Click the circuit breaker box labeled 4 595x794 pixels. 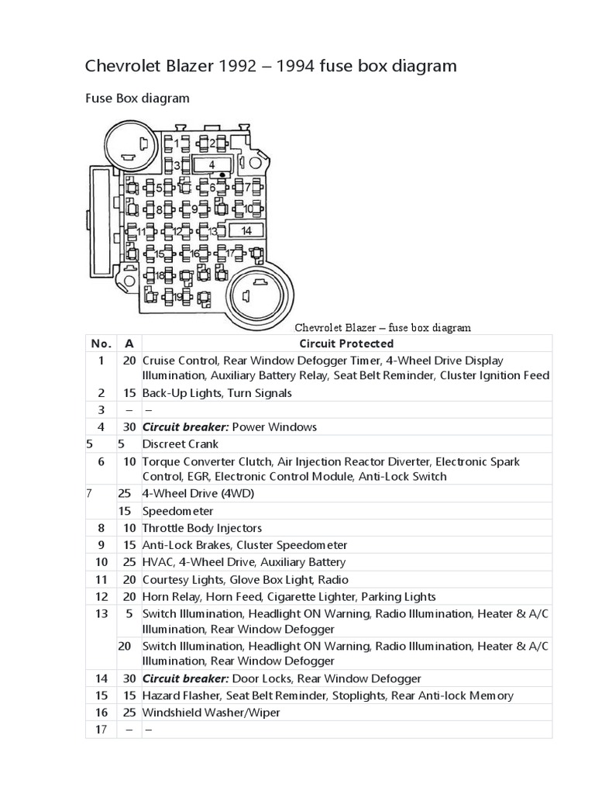coord(212,164)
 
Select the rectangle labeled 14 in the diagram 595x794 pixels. coord(246,230)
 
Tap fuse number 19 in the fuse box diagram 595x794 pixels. coord(177,296)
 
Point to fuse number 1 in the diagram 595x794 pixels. coord(177,143)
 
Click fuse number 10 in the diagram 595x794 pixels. coord(249,209)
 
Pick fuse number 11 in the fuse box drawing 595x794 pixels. coord(140,231)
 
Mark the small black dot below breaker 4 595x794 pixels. coord(222,174)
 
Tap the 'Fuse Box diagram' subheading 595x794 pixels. coord(136,98)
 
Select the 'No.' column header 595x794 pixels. coord(101,343)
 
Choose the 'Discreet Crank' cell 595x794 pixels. coord(180,444)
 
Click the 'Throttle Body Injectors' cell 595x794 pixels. coord(202,528)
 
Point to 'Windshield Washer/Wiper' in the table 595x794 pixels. coord(211,713)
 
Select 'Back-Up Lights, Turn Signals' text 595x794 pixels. coord(216,393)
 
